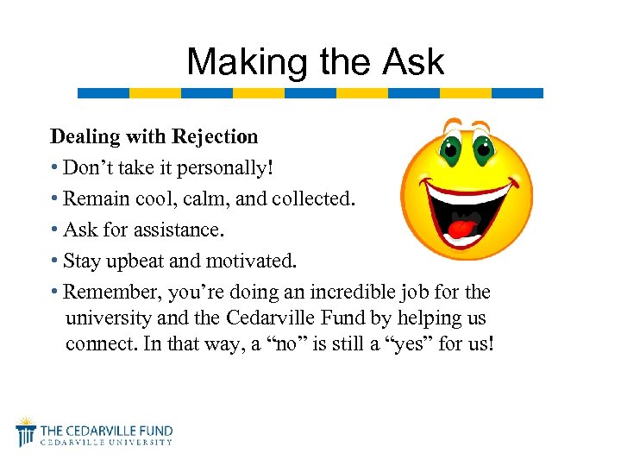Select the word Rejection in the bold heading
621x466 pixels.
coord(215,136)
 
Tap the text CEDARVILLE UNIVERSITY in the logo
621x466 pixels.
coord(107,443)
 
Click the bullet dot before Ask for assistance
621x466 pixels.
coord(54,230)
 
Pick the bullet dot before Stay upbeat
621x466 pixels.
coord(54,261)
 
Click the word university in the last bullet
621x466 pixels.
coord(108,318)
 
